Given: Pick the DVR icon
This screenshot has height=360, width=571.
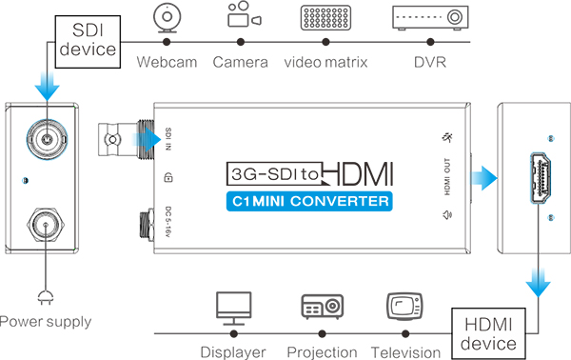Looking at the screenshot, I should pos(428,19).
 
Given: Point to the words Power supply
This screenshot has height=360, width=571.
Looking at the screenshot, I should pos(46,322).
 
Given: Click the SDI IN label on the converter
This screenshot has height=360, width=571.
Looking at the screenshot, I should pos(167,140).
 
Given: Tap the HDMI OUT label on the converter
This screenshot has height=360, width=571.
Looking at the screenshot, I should pos(446,179).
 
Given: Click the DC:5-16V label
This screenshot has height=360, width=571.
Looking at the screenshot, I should pos(167,222).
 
